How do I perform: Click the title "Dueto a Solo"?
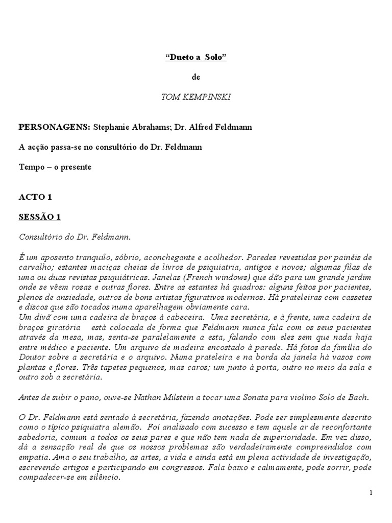coord(195,58)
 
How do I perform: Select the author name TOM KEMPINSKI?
coord(195,97)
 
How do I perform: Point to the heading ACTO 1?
coord(35,197)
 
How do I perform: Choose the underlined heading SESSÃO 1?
coord(40,217)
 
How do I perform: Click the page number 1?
coord(371,492)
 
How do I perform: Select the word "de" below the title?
coord(196,78)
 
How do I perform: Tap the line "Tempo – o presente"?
coord(55,167)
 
